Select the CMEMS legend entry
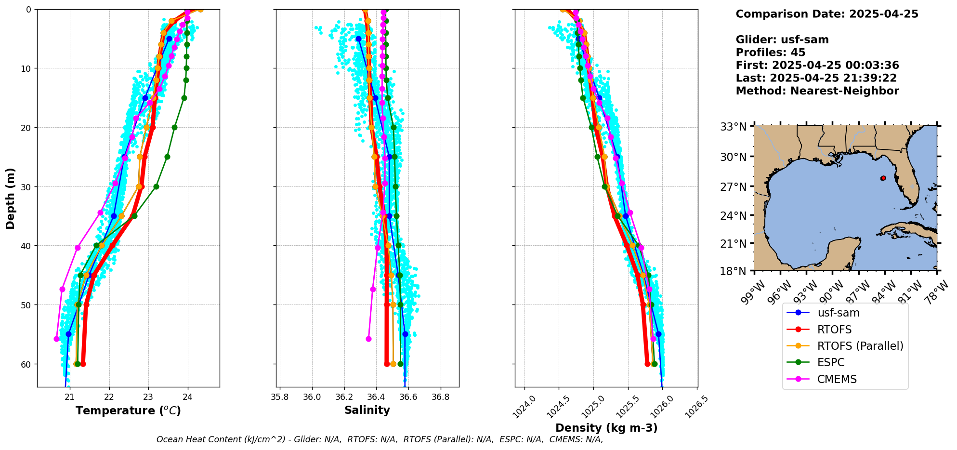click(837, 379)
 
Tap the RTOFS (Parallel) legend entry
click(860, 346)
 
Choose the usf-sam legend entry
click(838, 313)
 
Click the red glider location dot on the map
click(883, 178)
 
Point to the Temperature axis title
click(128, 410)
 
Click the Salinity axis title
click(367, 410)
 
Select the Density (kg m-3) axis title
click(606, 428)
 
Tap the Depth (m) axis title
click(11, 198)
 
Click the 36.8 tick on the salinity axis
click(440, 397)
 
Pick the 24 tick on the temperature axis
click(188, 397)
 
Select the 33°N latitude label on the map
click(733, 127)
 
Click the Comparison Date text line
click(826, 14)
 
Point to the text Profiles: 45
click(770, 53)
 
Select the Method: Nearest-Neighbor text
click(817, 91)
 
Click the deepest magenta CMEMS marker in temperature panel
click(57, 339)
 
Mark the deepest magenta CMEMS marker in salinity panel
click(368, 339)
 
